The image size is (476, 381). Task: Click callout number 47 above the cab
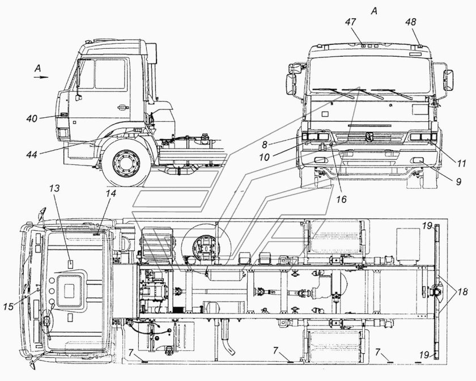[351, 22]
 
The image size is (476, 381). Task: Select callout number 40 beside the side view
[32, 118]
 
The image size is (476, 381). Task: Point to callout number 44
[32, 155]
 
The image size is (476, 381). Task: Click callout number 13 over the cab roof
[54, 189]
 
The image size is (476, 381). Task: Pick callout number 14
[111, 193]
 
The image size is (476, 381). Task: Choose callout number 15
[8, 307]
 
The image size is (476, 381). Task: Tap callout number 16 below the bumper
[342, 200]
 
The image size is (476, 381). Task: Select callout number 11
[461, 164]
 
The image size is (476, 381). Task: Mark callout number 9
[458, 181]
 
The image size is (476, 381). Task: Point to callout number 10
[265, 157]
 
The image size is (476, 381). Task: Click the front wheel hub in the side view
[125, 163]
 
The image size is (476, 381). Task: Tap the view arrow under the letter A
[41, 77]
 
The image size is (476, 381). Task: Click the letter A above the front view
[375, 11]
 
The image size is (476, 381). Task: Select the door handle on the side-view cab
[122, 107]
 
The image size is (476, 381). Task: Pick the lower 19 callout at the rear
[425, 354]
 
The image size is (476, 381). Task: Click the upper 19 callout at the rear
[427, 226]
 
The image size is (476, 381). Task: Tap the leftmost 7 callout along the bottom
[130, 353]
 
